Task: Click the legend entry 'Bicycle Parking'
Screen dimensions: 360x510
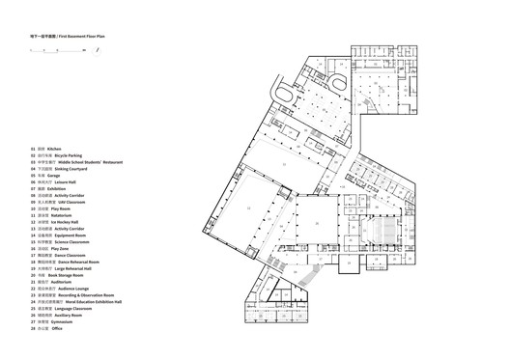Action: (x=71, y=156)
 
